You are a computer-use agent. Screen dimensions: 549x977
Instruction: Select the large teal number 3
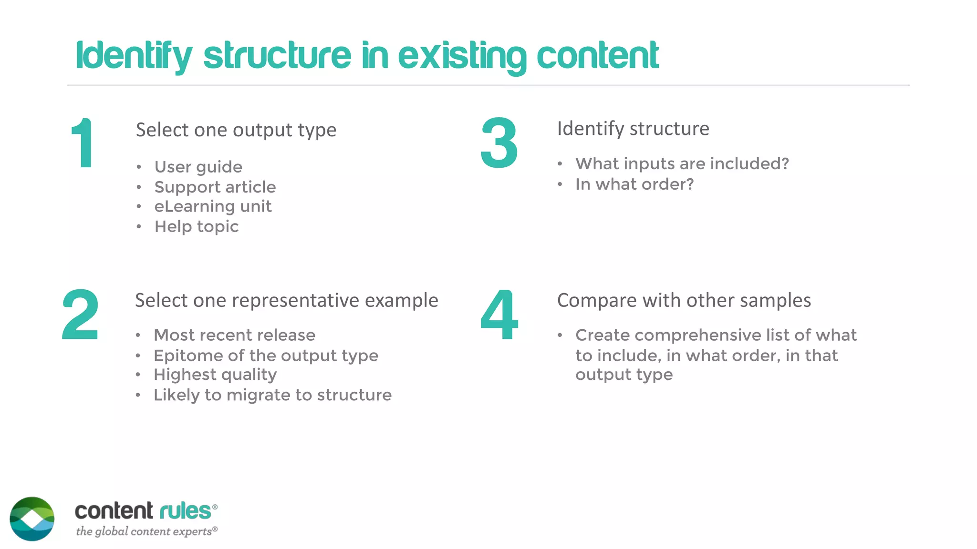click(x=499, y=143)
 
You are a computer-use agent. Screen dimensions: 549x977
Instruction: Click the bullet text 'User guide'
click(x=198, y=167)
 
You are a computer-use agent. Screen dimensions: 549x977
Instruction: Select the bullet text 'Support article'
click(x=215, y=187)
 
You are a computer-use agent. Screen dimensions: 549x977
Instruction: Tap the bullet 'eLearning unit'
click(x=213, y=206)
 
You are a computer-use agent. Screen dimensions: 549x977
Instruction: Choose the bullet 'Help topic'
click(x=196, y=226)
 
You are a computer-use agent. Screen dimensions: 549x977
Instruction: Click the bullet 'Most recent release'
click(x=234, y=335)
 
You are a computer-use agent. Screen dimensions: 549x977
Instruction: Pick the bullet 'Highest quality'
click(x=215, y=375)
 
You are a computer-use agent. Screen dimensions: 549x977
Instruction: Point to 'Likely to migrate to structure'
click(x=272, y=395)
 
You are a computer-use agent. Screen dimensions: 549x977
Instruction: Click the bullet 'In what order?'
click(x=634, y=184)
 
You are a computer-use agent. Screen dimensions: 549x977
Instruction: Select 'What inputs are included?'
click(x=682, y=163)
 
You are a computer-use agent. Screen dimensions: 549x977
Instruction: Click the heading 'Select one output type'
click(x=236, y=130)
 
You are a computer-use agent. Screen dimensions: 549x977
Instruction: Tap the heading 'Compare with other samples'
click(x=684, y=301)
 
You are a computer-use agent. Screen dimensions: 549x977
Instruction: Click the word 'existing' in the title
click(x=462, y=56)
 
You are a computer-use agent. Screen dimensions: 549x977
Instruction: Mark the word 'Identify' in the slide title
click(x=134, y=56)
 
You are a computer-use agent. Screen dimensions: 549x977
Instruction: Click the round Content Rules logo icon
click(x=32, y=519)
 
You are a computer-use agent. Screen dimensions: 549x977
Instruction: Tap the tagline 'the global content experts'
click(x=146, y=531)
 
